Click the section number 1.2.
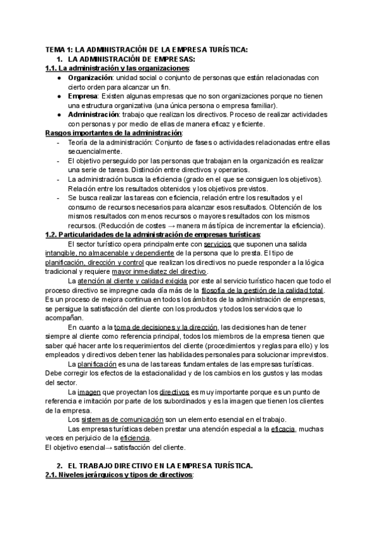pyautogui.click(x=53, y=234)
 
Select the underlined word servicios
pyautogui.click(x=218, y=244)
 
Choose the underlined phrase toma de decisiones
pyautogui.click(x=146, y=327)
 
